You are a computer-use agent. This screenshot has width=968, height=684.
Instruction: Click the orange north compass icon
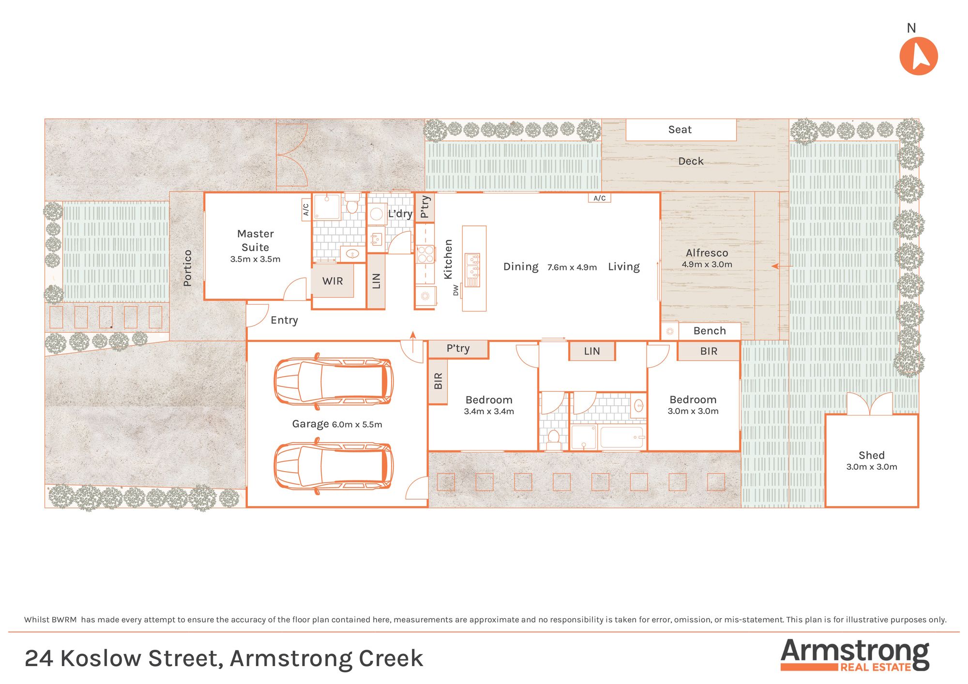[919, 56]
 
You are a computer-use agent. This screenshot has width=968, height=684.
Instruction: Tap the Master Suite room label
[256, 240]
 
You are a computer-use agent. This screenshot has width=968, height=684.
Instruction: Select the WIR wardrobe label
[333, 281]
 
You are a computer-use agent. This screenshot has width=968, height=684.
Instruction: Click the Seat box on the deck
[681, 130]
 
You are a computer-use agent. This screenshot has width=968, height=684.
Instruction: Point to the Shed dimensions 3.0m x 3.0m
[872, 467]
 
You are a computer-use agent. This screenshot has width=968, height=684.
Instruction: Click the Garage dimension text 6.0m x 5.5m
[357, 425]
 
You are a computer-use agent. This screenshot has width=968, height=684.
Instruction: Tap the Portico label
[187, 268]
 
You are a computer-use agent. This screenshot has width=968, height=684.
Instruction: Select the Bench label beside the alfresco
[710, 331]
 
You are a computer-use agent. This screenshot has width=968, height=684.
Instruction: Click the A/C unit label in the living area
[600, 198]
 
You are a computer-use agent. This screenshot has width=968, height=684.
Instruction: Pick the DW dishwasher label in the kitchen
[455, 290]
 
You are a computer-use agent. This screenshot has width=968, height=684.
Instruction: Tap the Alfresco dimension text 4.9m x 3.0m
[707, 265]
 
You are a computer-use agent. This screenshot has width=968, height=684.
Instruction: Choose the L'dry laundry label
[400, 213]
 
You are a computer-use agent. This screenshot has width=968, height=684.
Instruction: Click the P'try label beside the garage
[458, 349]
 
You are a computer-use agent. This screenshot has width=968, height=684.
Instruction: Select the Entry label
[284, 320]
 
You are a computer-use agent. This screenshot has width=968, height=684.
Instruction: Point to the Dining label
[521, 267]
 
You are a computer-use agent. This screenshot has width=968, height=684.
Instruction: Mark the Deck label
[691, 161]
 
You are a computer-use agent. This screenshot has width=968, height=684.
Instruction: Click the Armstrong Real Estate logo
[855, 655]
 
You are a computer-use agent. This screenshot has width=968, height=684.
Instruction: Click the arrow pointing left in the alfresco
[782, 266]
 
